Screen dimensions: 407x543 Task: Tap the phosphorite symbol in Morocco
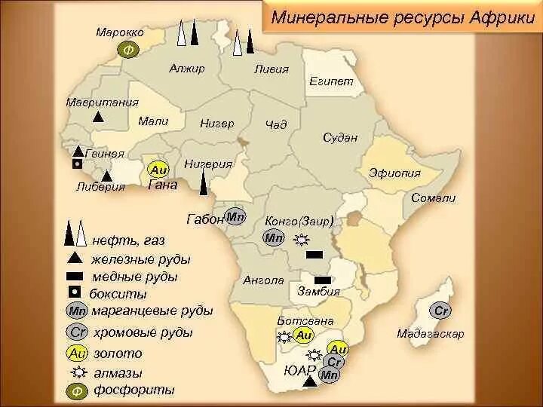127,50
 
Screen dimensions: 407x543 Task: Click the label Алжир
187,69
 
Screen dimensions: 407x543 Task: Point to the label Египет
330,81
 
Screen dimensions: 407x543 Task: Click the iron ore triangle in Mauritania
98,117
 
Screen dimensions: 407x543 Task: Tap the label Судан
339,137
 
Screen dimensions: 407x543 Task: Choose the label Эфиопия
394,173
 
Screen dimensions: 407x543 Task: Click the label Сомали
434,197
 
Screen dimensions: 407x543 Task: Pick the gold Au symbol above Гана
158,170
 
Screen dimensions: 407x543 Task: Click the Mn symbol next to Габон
236,216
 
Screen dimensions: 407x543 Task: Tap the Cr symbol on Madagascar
441,310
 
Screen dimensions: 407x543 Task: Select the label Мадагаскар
431,333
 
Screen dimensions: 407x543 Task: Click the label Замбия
318,291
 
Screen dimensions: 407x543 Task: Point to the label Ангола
263,280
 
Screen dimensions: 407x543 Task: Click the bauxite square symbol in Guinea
75,164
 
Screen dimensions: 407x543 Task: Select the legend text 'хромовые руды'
142,332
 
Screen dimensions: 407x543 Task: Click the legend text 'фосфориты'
133,390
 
